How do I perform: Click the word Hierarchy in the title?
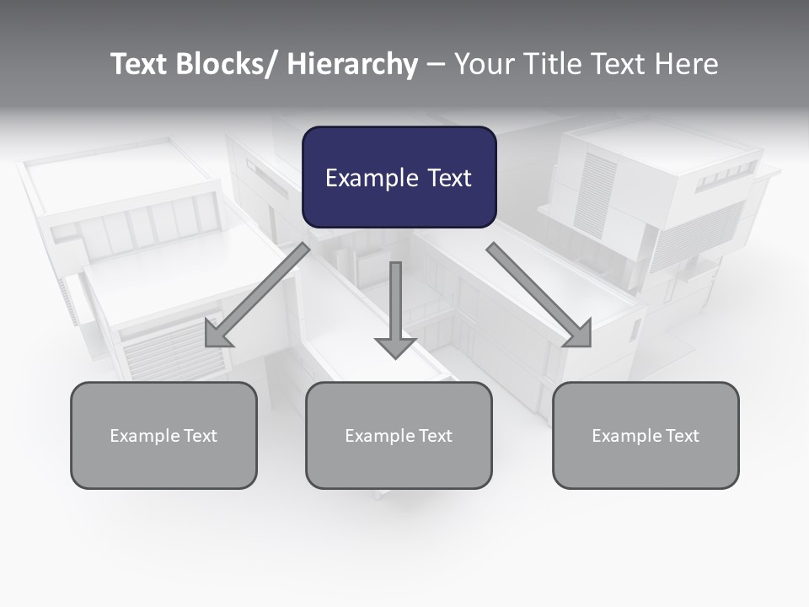click(x=352, y=64)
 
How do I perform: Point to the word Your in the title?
click(x=483, y=64)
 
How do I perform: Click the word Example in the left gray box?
click(x=145, y=436)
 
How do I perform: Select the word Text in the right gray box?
click(x=683, y=436)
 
